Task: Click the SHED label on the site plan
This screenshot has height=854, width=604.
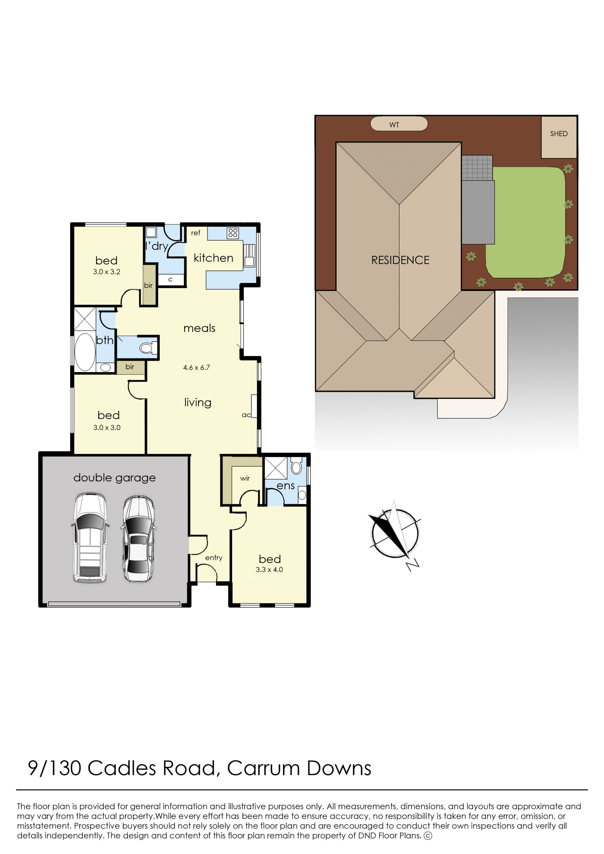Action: tap(559, 134)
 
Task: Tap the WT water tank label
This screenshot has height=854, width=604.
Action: tap(394, 125)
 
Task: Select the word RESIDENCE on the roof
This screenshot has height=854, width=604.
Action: tap(400, 260)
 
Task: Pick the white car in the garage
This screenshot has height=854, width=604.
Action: tap(90, 538)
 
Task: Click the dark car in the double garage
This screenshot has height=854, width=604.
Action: tap(138, 539)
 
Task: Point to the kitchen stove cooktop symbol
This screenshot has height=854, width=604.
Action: tap(233, 233)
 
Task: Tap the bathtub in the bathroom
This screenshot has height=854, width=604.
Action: tap(85, 352)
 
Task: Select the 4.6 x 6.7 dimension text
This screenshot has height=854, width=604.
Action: tap(196, 367)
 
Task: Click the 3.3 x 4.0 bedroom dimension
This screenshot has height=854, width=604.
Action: tap(269, 569)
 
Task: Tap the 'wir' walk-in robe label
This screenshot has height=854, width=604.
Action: tap(245, 478)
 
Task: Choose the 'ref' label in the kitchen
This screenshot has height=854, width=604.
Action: tap(196, 233)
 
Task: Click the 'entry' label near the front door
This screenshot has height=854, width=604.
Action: tap(214, 558)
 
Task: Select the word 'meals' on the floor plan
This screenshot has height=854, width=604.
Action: tap(199, 328)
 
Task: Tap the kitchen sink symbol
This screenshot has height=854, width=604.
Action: tap(249, 255)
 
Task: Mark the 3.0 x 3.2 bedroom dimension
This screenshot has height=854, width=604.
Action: tap(107, 272)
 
